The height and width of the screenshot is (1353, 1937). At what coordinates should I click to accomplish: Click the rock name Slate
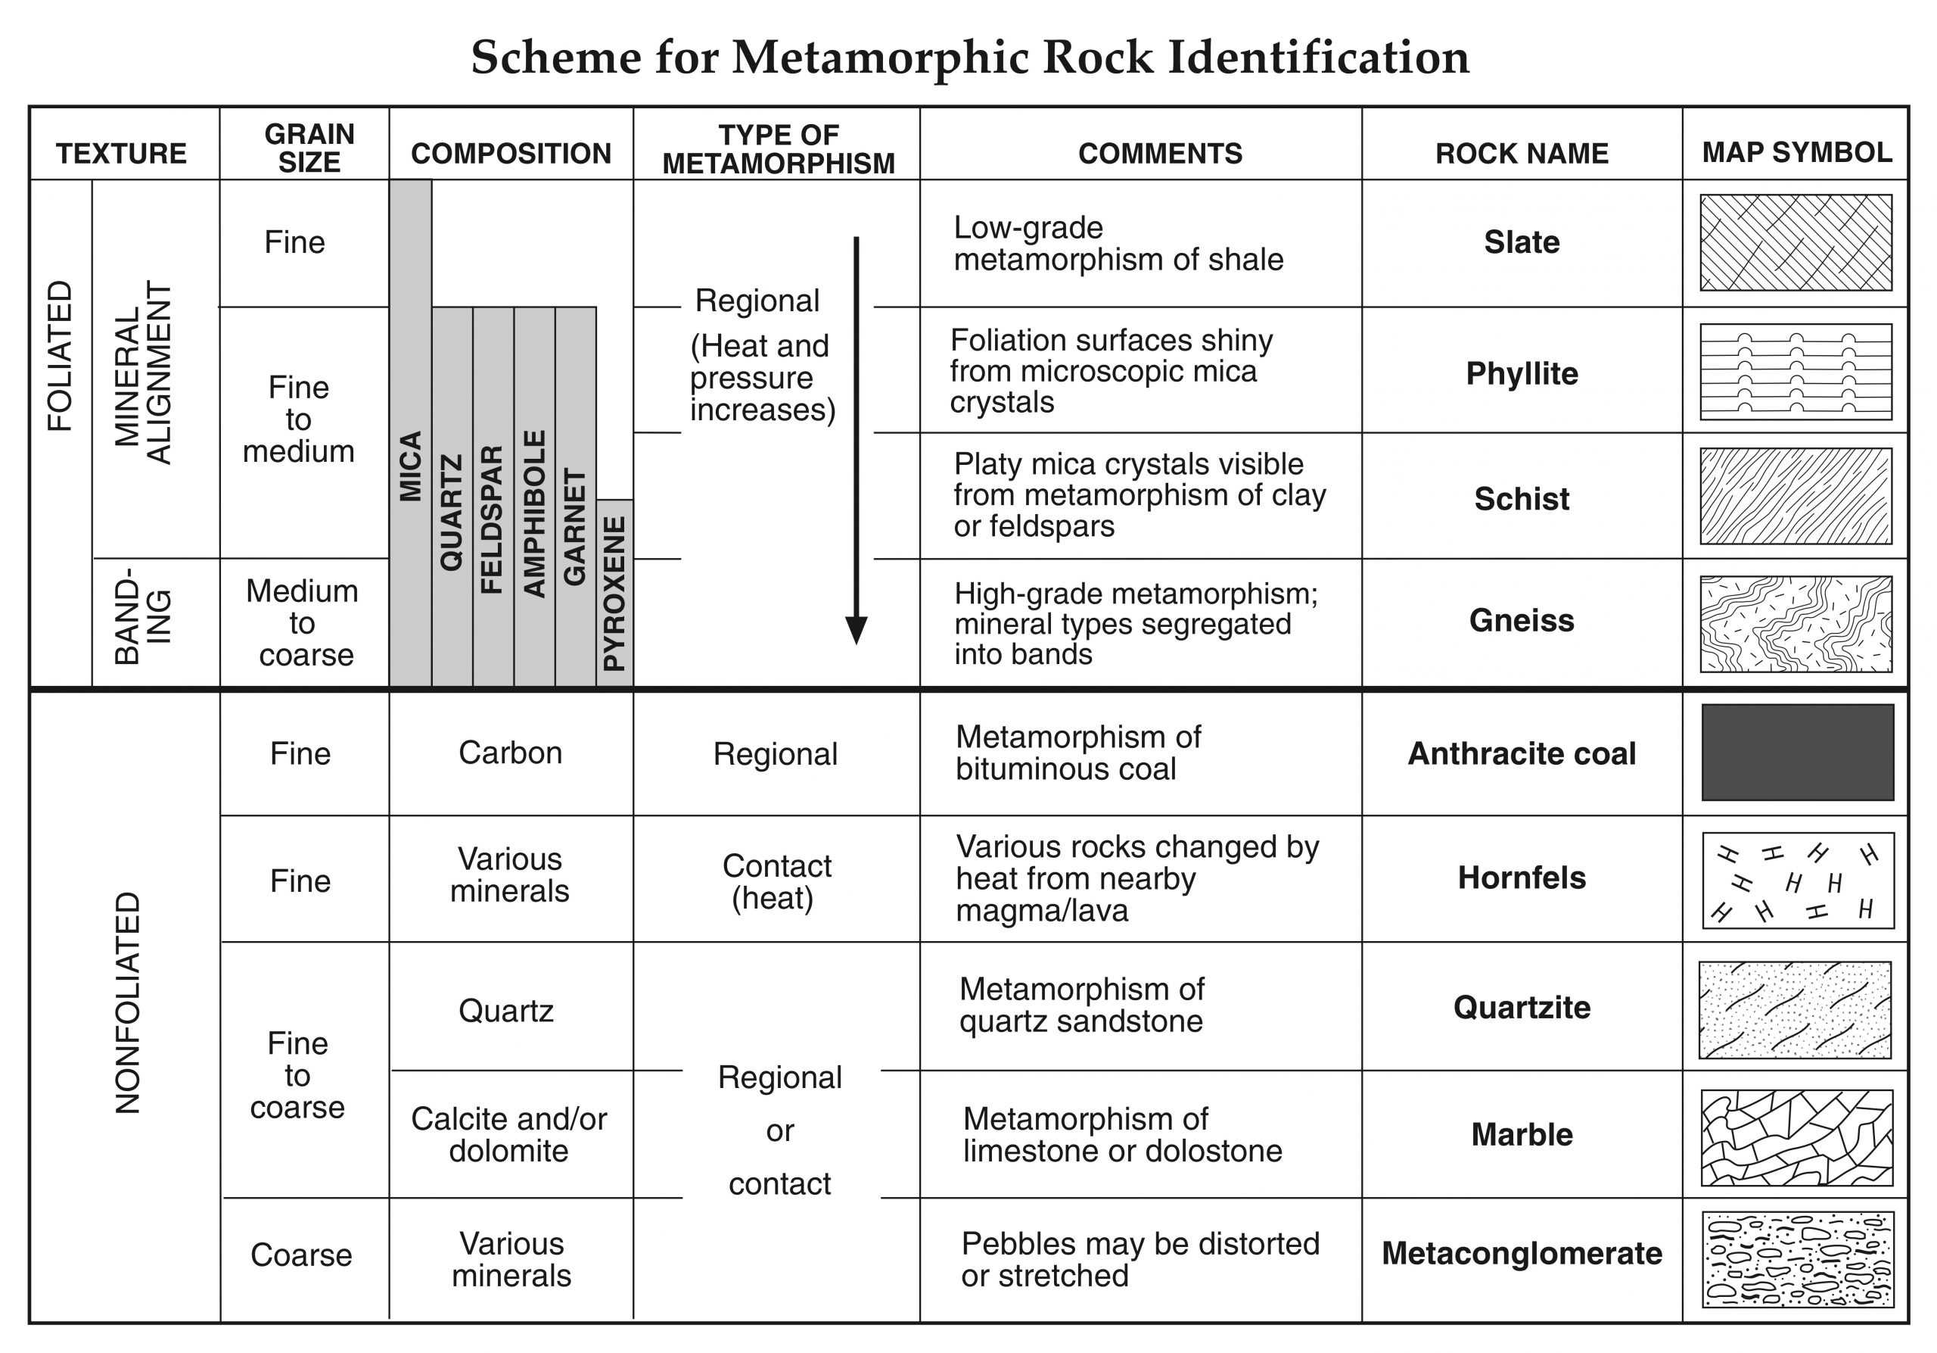pos(1521,242)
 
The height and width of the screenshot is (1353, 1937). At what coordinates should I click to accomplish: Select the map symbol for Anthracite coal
pos(1797,752)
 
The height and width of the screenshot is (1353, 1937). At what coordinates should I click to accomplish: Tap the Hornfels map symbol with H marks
pos(1797,881)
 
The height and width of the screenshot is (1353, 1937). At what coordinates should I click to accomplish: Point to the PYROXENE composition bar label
pos(615,593)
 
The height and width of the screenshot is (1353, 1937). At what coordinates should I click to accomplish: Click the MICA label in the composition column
pos(410,466)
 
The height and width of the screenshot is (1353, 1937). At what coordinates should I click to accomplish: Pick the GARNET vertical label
pos(574,527)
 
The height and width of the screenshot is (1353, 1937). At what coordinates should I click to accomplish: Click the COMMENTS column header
pos(1160,154)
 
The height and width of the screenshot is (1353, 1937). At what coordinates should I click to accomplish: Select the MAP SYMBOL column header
pos(1797,153)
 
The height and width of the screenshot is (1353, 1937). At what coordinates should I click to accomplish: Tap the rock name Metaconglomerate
pos(1521,1253)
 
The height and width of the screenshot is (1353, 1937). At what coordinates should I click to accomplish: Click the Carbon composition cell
pos(511,753)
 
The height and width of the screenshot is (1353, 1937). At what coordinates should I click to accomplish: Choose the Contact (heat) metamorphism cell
pos(776,881)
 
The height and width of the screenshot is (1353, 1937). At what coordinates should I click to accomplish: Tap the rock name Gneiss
pos(1521,620)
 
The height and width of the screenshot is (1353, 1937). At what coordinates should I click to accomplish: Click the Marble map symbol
pos(1797,1137)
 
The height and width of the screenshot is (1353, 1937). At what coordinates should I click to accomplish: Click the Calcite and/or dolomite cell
pos(508,1134)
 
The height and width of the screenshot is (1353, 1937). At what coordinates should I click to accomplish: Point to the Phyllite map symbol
pos(1796,372)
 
